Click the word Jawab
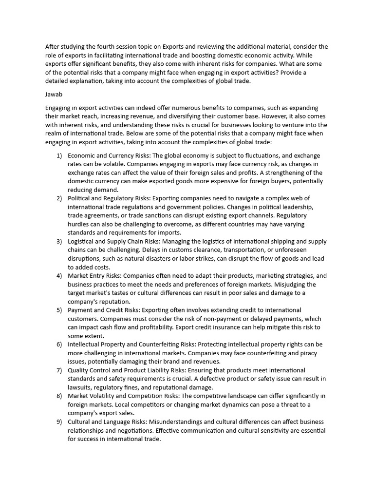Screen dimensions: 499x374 (x=54, y=90)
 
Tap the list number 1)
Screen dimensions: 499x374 (x=59, y=155)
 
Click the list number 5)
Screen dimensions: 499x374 (x=59, y=310)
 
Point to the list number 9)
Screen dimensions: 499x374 (x=59, y=422)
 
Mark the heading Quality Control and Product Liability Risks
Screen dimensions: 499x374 (x=126, y=370)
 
